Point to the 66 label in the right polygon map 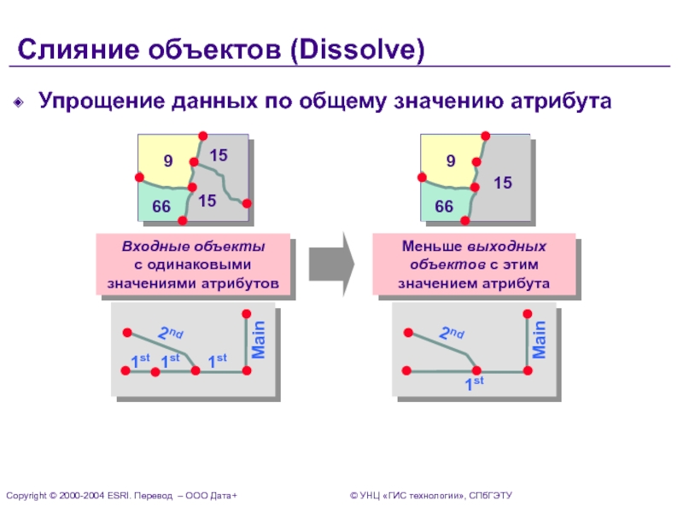444,207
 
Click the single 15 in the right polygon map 503,183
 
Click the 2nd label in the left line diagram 171,334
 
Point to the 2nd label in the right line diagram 452,334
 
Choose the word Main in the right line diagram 540,338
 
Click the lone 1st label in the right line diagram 474,383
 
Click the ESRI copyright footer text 120,496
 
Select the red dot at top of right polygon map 486,135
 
